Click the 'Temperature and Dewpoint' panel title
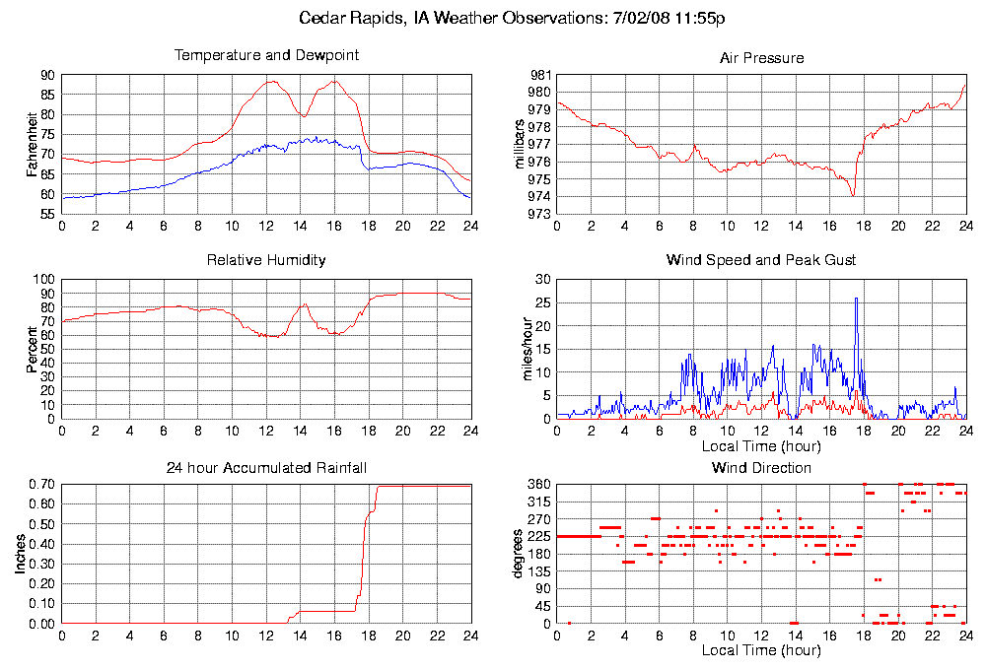pyautogui.click(x=266, y=55)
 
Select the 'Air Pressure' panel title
pyautogui.click(x=761, y=58)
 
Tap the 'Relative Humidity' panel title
pyautogui.click(x=266, y=260)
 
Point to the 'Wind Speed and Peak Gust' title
pyautogui.click(x=761, y=260)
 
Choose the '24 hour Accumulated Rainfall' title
pyautogui.click(x=266, y=467)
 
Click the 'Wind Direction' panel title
pyautogui.click(x=761, y=467)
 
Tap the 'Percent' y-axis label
pyautogui.click(x=35, y=349)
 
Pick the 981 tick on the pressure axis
pyautogui.click(x=539, y=75)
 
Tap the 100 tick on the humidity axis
pyautogui.click(x=43, y=280)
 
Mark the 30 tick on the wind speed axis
pyautogui.click(x=541, y=280)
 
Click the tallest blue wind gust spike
pyautogui.click(x=856, y=299)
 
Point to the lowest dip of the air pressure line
pyautogui.click(x=853, y=195)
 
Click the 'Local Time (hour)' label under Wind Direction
pyautogui.click(x=761, y=650)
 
